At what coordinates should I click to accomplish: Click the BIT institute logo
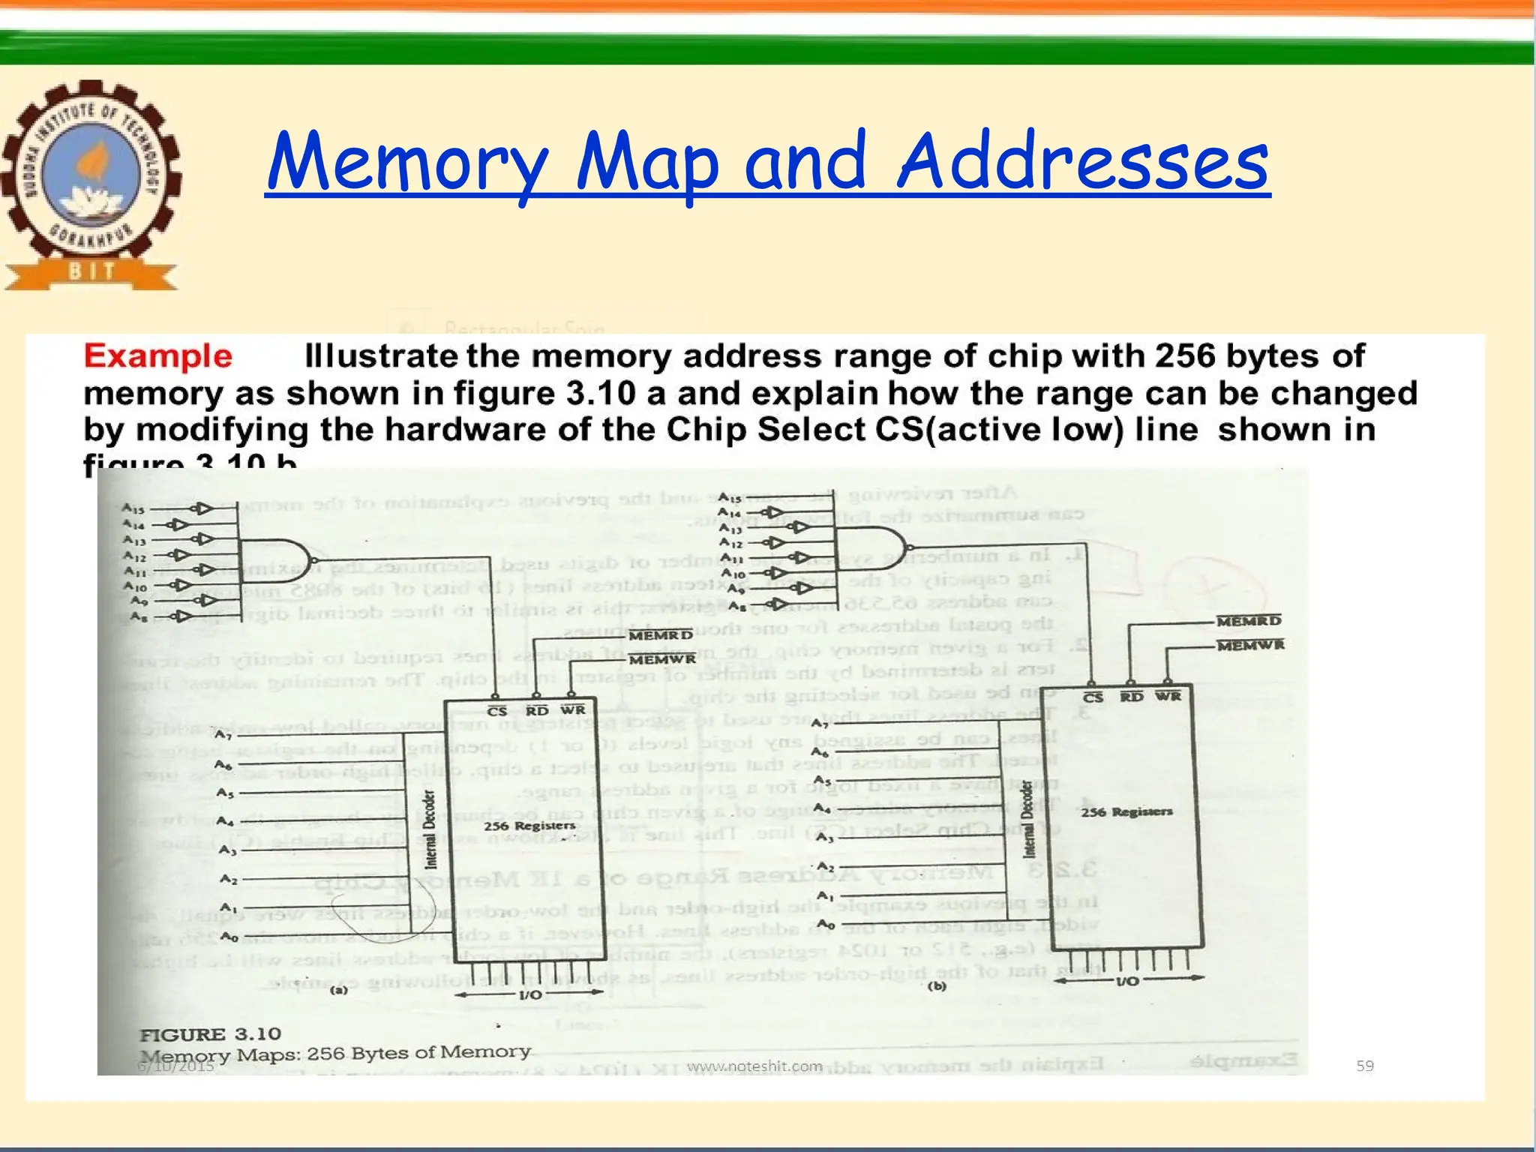[91, 184]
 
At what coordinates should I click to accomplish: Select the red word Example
[157, 356]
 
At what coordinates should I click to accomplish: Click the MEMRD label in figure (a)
[661, 636]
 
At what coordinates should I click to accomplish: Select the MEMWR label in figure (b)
[1250, 645]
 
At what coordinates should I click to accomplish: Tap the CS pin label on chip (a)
[496, 710]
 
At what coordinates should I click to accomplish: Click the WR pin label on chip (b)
[1168, 697]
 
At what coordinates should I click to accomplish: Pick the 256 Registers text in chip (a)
[529, 826]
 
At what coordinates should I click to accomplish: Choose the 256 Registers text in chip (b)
[1126, 811]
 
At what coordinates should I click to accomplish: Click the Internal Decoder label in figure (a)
[430, 829]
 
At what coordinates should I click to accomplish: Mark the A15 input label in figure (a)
[133, 508]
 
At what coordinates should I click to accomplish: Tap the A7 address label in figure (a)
[223, 734]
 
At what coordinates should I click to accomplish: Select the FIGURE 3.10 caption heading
[210, 1034]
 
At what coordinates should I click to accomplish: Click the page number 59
[1365, 1066]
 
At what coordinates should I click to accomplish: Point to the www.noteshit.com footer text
[754, 1066]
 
